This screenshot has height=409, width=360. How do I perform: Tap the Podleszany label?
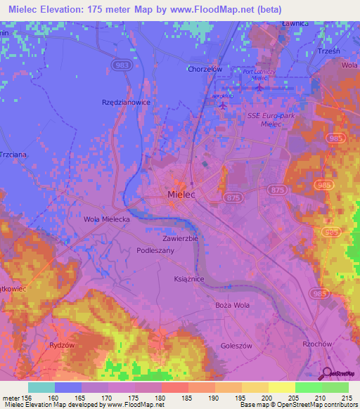[x=156, y=250]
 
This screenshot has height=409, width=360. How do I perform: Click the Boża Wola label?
[x=232, y=305]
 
